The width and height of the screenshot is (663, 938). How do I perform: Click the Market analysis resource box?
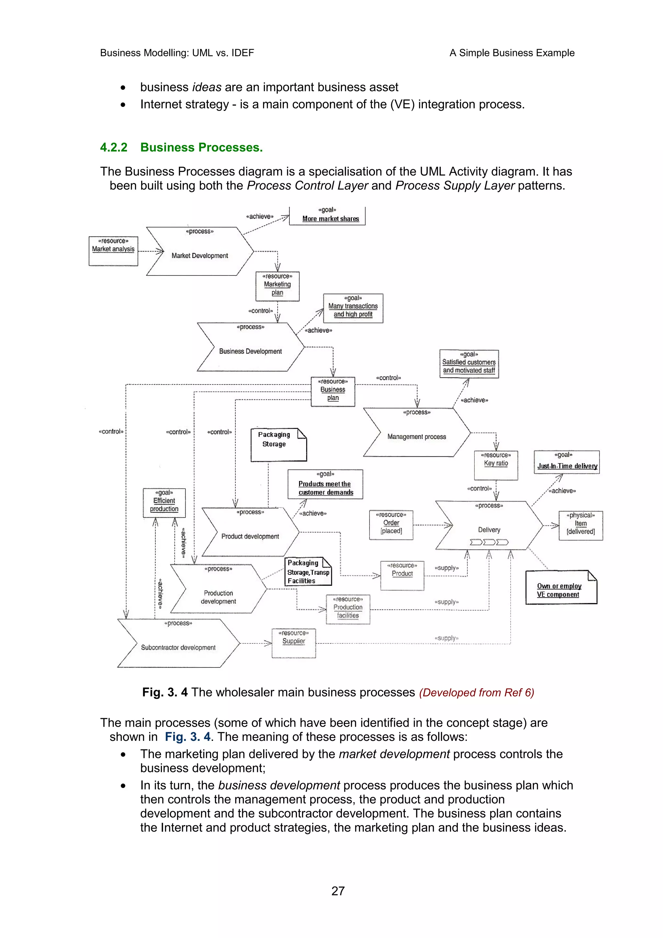[113, 251]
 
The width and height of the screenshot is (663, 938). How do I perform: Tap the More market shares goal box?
[327, 216]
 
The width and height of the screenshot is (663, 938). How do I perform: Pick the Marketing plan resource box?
[277, 286]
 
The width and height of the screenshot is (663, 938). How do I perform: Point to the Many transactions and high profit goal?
[353, 308]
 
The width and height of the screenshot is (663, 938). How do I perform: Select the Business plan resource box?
[332, 391]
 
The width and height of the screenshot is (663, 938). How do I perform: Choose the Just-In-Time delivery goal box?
[567, 462]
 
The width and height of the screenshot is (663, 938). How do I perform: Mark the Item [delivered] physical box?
[580, 525]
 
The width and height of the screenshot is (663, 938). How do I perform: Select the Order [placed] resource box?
[391, 525]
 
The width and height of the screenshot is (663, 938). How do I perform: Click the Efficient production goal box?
[164, 502]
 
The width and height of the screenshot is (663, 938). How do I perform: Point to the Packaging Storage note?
[278, 444]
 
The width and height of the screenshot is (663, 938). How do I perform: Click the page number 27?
[338, 891]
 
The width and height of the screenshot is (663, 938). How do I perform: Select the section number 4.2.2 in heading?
[114, 148]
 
